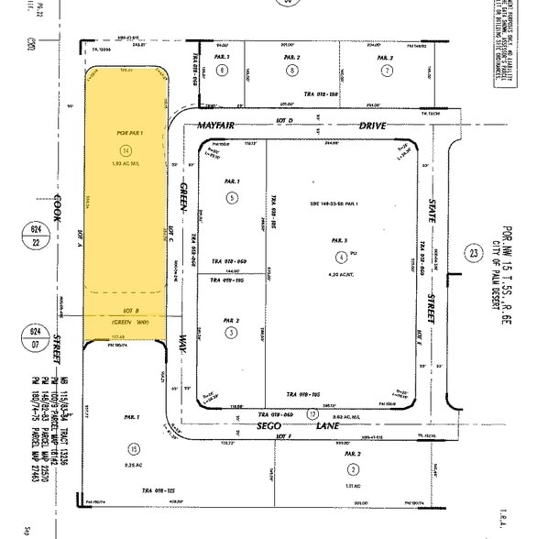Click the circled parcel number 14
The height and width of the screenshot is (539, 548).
[126, 150]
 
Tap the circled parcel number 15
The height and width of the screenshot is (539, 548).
[136, 448]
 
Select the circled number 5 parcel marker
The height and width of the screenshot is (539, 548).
[232, 197]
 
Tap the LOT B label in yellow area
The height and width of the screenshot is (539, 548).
[123, 310]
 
